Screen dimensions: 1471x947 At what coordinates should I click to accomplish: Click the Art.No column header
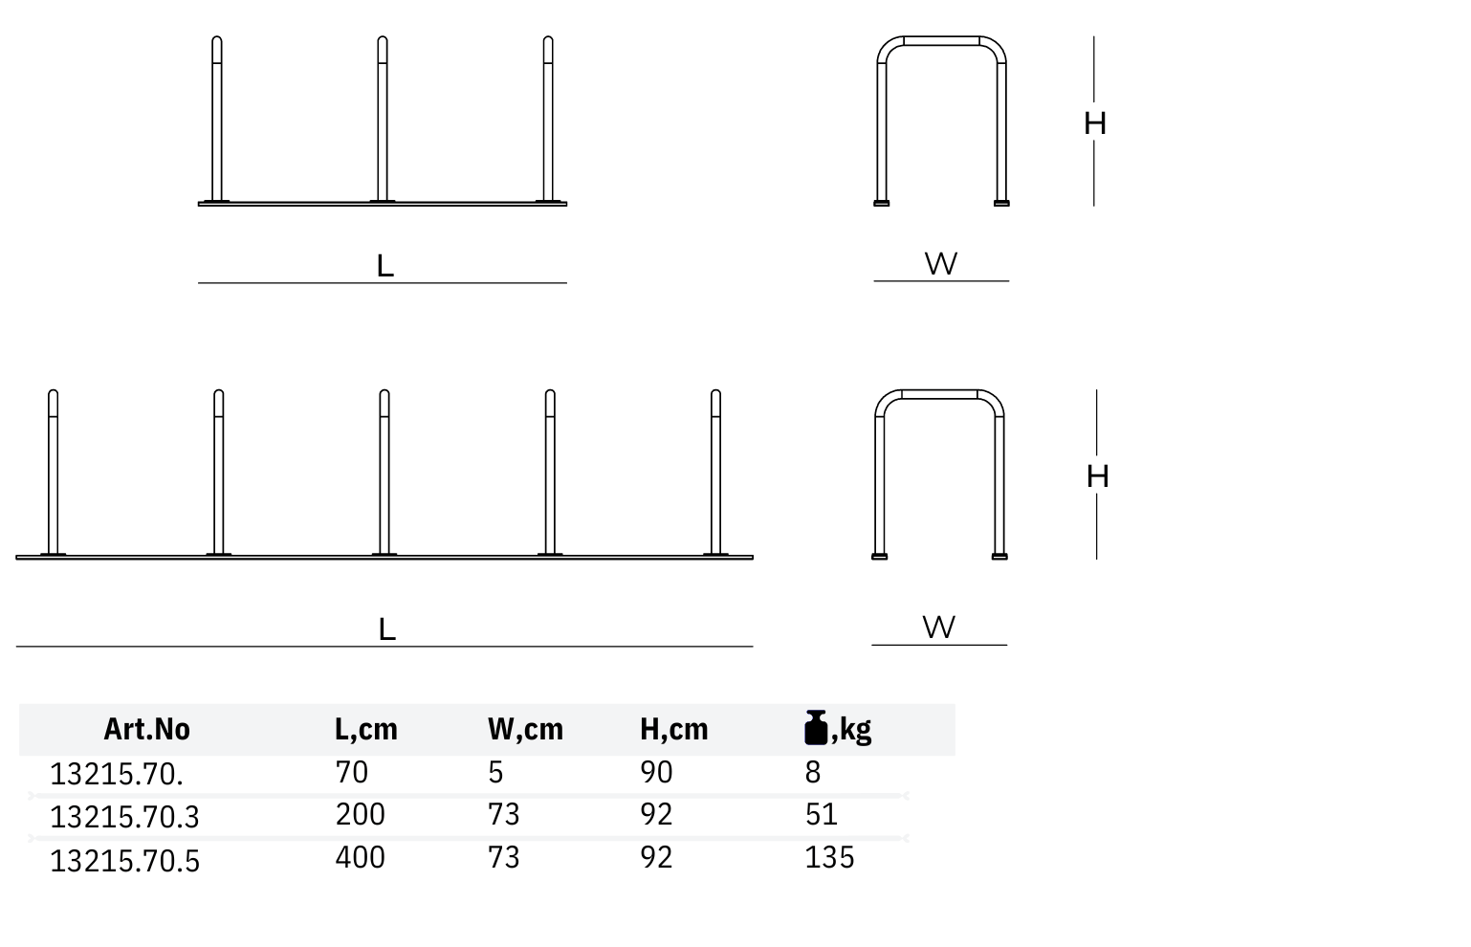pos(146,729)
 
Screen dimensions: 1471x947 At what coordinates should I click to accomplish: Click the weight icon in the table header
pos(816,727)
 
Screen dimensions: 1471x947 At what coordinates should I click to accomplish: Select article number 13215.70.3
pos(124,817)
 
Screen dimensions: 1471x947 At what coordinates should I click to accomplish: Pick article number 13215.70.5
pos(124,861)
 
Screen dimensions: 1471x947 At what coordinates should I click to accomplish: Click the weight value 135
pos(829,858)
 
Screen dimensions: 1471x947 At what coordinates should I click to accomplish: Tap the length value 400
pos(360,858)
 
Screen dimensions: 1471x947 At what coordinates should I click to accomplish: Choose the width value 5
pos(495,772)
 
